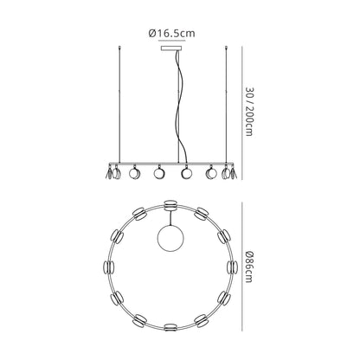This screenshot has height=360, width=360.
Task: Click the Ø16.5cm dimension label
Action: click(171, 34)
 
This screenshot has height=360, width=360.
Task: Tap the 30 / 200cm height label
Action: click(249, 111)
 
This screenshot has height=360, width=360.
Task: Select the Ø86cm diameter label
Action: click(249, 267)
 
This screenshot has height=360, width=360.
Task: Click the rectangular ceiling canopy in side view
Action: click(172, 48)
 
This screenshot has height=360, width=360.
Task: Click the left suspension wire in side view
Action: click(119, 105)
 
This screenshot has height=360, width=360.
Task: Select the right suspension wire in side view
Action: click(226, 105)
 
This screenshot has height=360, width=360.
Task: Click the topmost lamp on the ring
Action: click(170, 204)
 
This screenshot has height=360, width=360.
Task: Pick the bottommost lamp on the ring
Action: click(170, 327)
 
